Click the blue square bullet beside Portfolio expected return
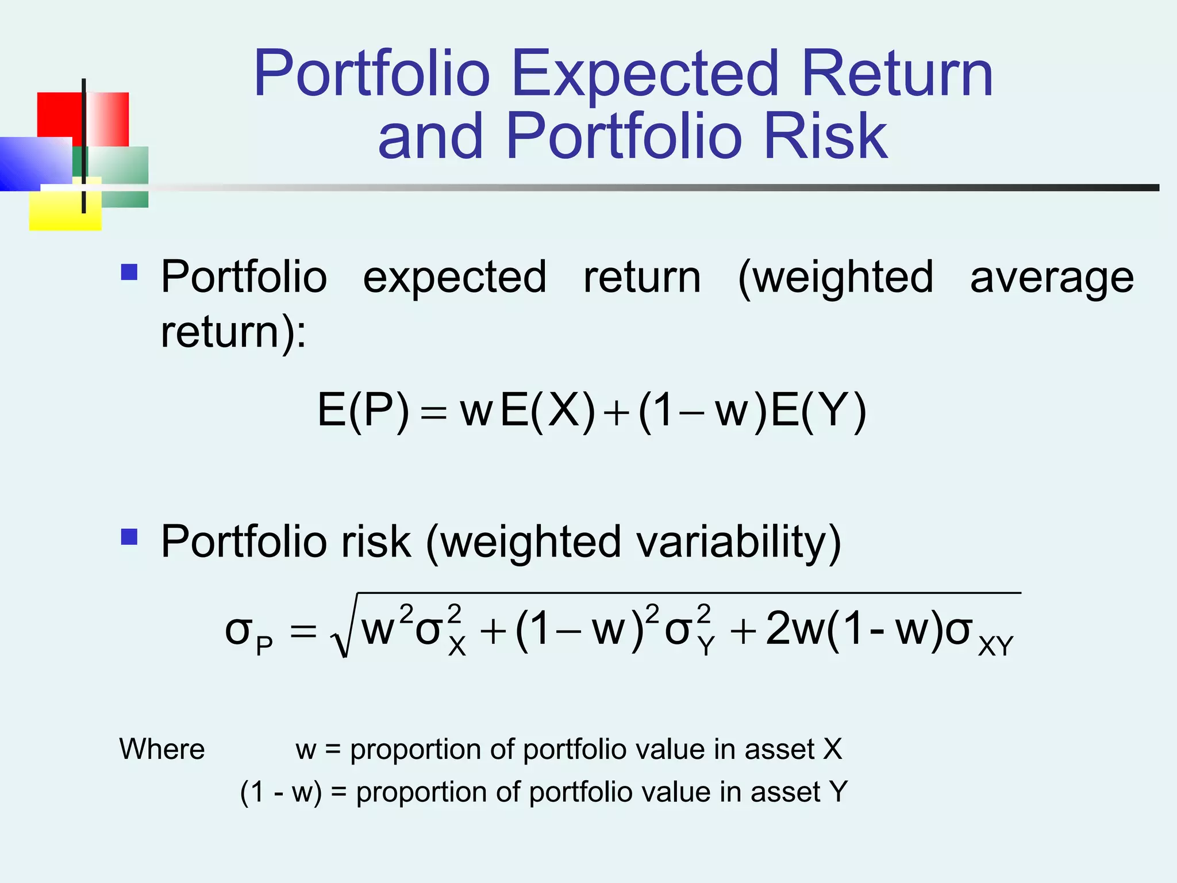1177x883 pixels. click(129, 272)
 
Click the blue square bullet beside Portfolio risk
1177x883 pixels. click(129, 537)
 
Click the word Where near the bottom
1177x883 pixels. click(162, 750)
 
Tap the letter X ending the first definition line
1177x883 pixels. click(833, 750)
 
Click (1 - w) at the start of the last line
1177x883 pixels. click(280, 792)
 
